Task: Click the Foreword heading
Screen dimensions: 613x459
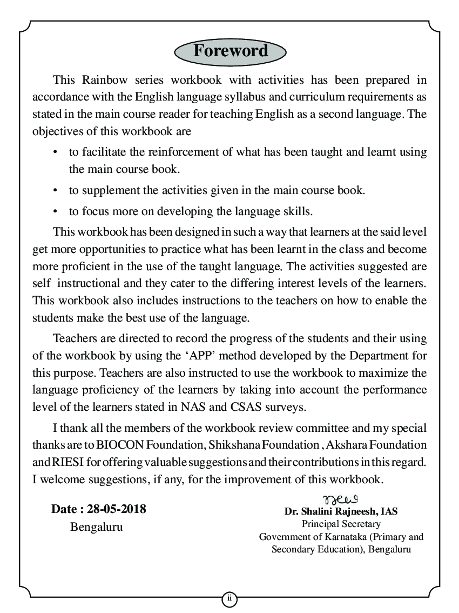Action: (230, 51)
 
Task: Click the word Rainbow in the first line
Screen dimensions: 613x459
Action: (105, 80)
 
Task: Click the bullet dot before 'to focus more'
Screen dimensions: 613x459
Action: (56, 211)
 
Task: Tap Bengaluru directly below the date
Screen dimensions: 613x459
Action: (96, 527)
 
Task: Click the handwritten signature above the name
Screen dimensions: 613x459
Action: (341, 498)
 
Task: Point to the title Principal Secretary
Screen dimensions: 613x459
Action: (341, 524)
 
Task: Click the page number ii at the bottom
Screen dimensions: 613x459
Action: (229, 598)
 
